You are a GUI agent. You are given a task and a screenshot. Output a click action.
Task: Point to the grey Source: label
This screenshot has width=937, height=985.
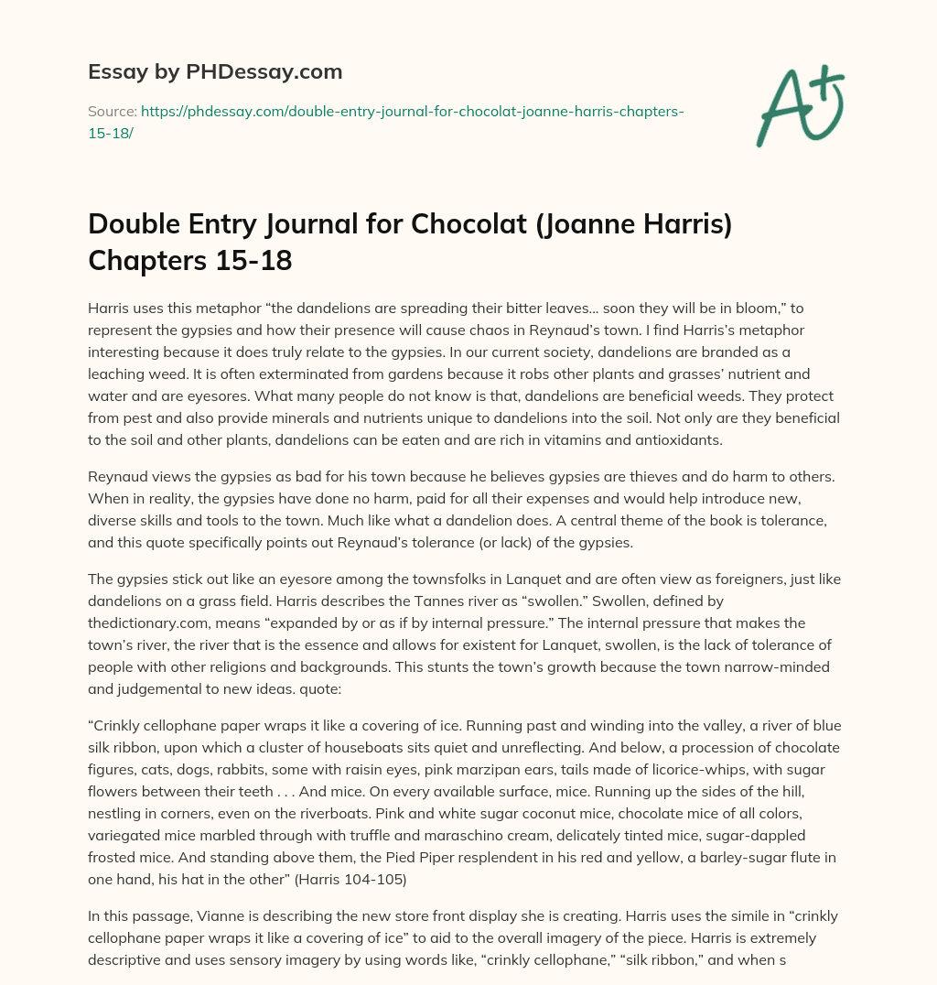point(113,111)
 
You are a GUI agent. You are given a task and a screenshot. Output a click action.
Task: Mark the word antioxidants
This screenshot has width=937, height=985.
point(673,439)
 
